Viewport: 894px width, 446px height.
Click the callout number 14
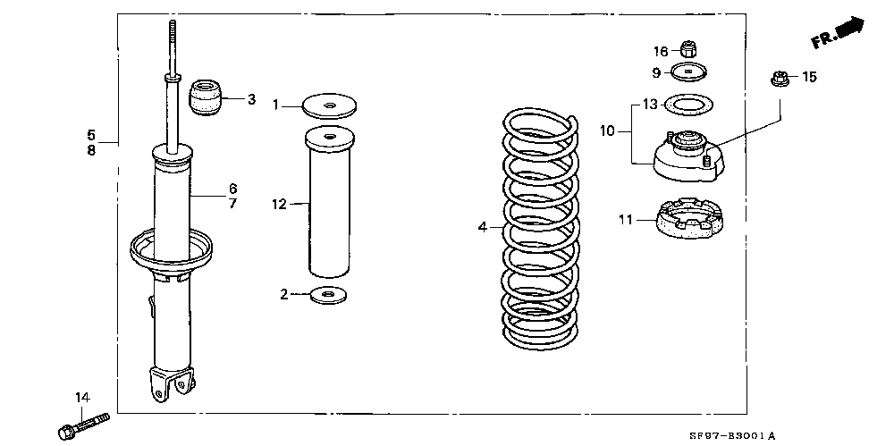82,397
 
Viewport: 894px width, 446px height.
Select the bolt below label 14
83,426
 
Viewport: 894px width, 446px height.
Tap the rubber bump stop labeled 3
206,97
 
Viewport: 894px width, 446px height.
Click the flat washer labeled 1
328,106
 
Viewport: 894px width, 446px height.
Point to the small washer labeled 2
328,295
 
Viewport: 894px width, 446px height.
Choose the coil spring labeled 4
541,228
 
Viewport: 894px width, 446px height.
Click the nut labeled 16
688,49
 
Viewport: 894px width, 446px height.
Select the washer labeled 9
688,72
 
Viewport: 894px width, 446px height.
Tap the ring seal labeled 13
689,105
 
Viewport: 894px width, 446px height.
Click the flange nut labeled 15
780,78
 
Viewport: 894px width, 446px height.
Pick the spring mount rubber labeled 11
689,218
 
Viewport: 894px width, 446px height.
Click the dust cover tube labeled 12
330,202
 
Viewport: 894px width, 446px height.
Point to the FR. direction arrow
837,32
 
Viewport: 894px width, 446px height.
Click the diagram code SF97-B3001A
733,437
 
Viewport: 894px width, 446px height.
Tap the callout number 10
607,131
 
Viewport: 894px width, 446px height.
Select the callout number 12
279,204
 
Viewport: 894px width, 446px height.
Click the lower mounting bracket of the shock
171,383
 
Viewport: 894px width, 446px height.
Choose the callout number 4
483,228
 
